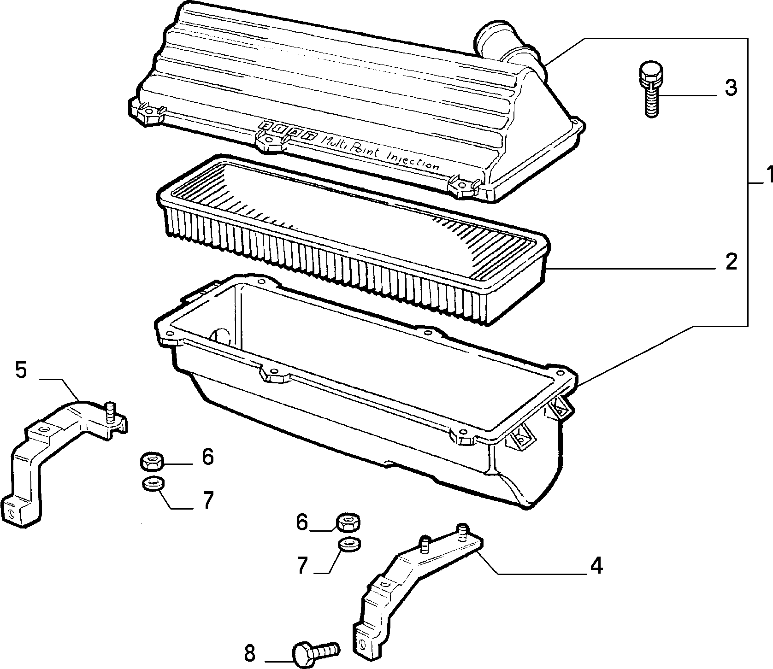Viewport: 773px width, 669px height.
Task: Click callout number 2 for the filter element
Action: pos(730,261)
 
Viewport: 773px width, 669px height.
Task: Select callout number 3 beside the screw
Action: pos(731,88)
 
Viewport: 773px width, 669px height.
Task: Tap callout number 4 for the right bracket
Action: pos(596,566)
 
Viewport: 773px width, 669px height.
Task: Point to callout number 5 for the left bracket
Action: pos(21,370)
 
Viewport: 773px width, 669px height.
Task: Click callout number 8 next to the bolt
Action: pos(249,653)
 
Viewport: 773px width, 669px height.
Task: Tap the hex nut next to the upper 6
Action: pos(151,461)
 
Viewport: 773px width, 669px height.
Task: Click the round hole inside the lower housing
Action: pos(220,337)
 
